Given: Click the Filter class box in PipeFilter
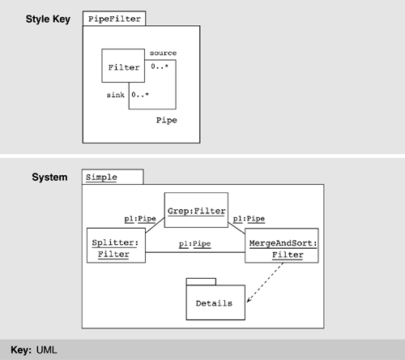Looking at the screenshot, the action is tap(123, 66).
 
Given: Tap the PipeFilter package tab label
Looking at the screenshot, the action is tap(114, 19).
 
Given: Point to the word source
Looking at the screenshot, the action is tap(163, 53).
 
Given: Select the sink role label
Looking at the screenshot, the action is tap(116, 95).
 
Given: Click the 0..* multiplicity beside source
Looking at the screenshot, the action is tap(160, 66).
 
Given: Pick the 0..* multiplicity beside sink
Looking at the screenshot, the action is tap(140, 95).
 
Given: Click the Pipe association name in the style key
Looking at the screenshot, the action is tap(167, 120).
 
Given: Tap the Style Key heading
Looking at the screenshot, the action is tap(48, 19).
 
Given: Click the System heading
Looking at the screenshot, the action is tap(49, 178).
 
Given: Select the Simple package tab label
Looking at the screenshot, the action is tap(101, 178).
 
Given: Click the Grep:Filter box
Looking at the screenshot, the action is tap(196, 210).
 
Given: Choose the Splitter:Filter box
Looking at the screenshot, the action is tap(116, 246).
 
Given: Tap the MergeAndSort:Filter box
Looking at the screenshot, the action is tap(282, 246).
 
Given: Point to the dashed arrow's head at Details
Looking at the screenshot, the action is tap(247, 302).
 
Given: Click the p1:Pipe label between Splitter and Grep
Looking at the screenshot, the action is tap(140, 219).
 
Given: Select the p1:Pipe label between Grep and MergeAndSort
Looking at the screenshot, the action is tap(249, 219).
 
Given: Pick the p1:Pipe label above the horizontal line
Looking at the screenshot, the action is tap(194, 244).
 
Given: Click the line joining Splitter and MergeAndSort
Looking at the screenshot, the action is tap(195, 252).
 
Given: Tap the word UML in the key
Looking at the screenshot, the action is tap(47, 350).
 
